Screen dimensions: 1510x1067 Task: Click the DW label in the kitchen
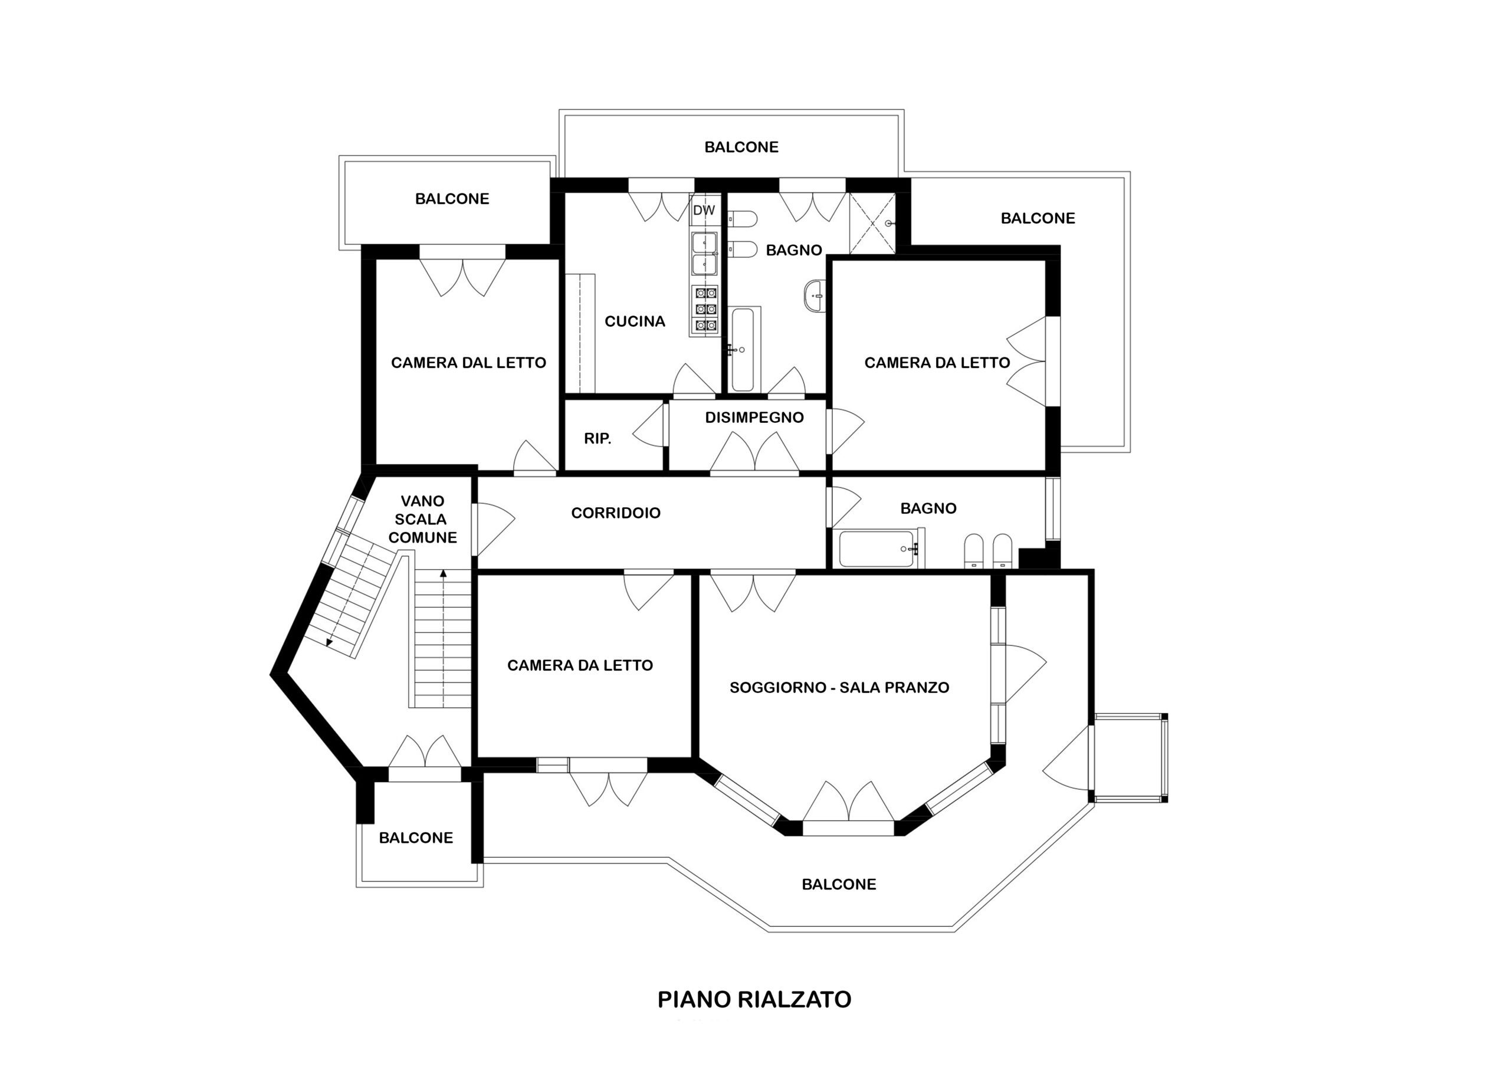704,211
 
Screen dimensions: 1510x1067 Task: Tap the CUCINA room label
635,321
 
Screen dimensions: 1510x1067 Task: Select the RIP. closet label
598,439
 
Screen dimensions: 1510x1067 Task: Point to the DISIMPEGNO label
754,418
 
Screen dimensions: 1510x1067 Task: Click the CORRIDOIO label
616,513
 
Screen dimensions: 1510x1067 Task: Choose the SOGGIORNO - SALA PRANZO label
839,687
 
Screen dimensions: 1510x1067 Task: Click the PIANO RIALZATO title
754,999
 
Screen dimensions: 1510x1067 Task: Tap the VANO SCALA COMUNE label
422,519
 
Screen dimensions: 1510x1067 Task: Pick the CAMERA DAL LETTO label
468,363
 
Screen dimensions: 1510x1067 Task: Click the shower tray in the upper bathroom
872,223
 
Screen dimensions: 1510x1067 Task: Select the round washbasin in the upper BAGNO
814,296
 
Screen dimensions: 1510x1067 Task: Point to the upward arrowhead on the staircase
443,574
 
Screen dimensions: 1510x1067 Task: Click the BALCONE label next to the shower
1038,218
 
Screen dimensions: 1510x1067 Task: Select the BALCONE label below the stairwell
416,838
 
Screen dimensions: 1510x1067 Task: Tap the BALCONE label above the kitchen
741,147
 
